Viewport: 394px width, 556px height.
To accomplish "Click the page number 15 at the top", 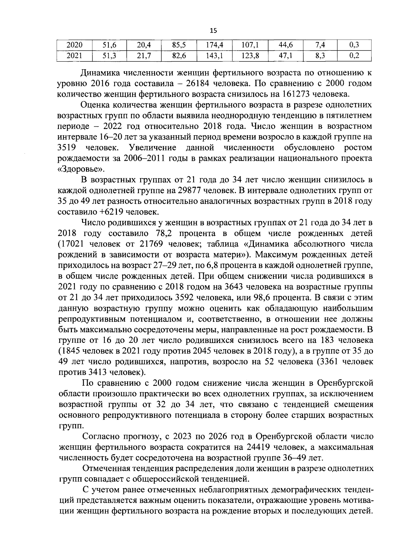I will [x=213, y=31].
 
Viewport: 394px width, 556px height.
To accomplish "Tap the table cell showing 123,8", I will [x=250, y=56].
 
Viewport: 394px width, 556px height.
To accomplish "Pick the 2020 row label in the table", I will [x=74, y=45].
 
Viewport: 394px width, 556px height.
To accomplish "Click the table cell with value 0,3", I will [x=354, y=45].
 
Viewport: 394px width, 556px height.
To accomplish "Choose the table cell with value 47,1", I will [x=286, y=56].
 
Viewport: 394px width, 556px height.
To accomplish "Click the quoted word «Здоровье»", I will [x=80, y=169].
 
